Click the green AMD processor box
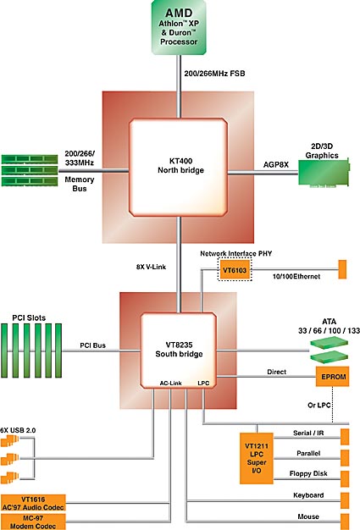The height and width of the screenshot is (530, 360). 179,27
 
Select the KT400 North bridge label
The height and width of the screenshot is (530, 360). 180,165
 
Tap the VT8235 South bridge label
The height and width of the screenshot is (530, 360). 179,349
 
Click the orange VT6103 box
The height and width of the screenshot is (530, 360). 235,270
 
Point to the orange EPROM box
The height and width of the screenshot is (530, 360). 333,377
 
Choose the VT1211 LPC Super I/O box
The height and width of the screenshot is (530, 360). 257,458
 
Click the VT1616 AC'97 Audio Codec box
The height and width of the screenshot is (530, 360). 33,503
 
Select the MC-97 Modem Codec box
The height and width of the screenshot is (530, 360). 33,522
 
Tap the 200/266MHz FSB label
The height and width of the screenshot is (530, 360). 214,74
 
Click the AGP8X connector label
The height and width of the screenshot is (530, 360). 276,164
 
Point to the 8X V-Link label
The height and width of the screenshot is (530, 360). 151,267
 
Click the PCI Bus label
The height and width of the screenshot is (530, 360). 92,345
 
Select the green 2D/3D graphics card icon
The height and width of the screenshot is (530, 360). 324,173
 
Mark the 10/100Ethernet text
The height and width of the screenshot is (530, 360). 296,276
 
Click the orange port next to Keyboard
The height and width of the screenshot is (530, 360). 345,501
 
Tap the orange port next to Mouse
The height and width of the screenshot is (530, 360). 345,522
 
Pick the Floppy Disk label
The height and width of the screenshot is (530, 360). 308,473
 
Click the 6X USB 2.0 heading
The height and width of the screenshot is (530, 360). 18,430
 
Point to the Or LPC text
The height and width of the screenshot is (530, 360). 318,405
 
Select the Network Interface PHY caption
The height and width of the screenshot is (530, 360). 236,253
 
